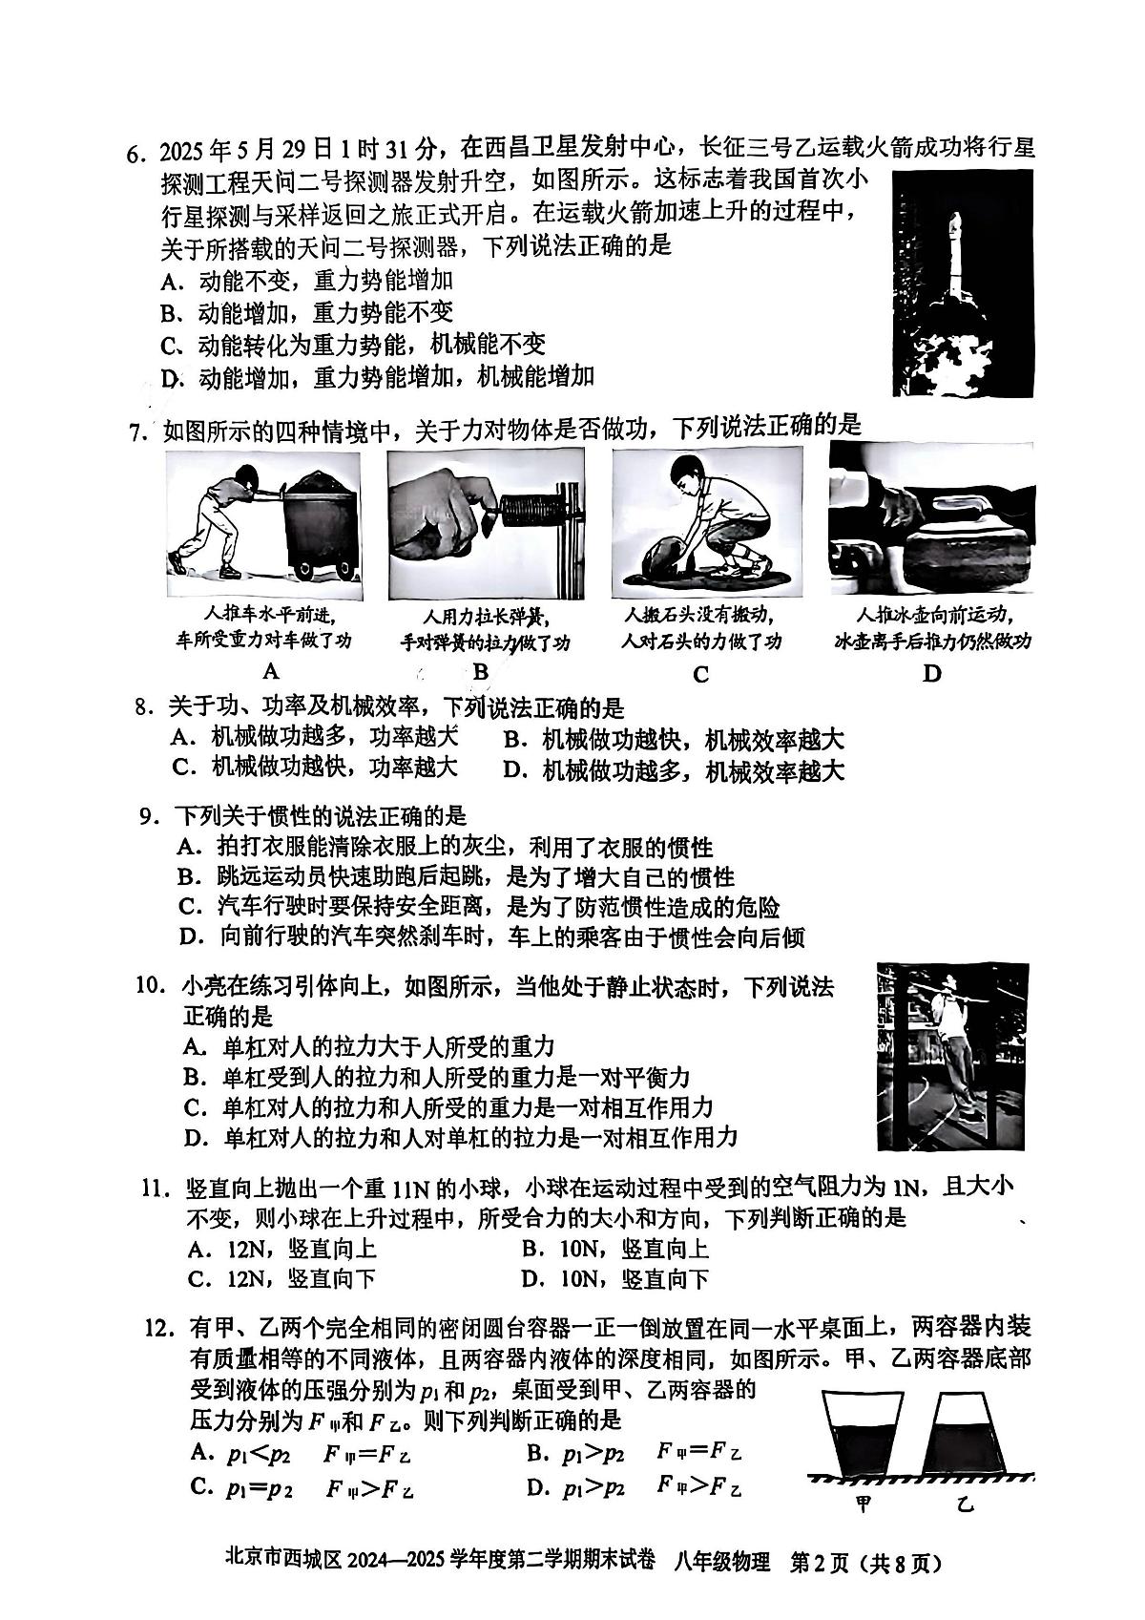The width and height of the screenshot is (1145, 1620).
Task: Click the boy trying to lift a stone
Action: tap(706, 522)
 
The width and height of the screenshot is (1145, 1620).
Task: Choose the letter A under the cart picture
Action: tap(270, 670)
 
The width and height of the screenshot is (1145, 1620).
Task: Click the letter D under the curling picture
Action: tap(931, 673)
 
